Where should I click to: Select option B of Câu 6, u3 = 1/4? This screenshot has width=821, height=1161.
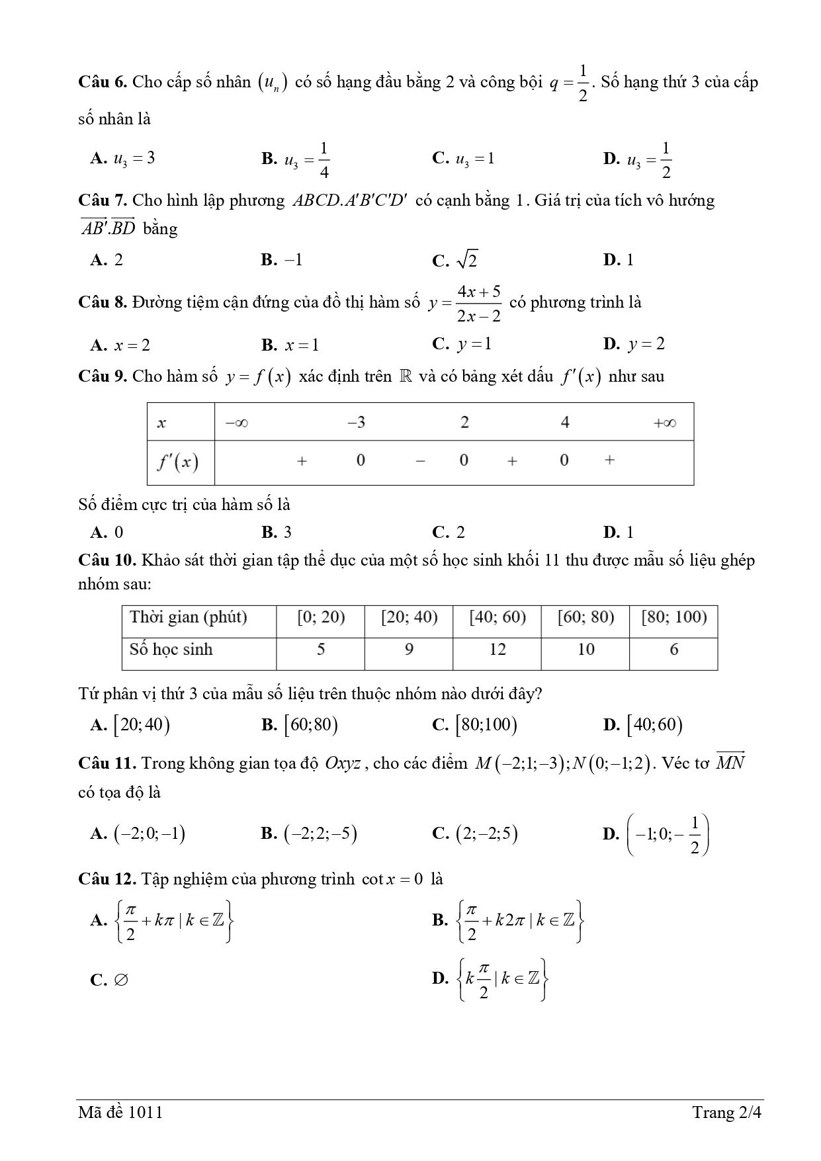click(296, 159)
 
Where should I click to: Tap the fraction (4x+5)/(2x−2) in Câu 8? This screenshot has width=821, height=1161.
click(478, 303)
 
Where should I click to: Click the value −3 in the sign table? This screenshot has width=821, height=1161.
click(356, 422)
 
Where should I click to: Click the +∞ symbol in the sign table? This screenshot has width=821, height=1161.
click(664, 423)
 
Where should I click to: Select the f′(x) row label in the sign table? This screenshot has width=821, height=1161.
click(178, 461)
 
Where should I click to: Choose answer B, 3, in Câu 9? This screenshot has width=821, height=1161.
click(277, 533)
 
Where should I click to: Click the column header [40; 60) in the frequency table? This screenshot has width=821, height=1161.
click(497, 617)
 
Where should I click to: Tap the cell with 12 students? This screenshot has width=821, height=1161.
click(497, 650)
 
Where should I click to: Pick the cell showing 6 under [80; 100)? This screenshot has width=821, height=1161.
click(673, 650)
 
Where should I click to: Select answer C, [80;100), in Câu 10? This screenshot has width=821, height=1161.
click(474, 726)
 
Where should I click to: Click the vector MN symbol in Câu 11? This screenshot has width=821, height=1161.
click(730, 762)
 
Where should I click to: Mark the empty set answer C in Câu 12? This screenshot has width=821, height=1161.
click(110, 980)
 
